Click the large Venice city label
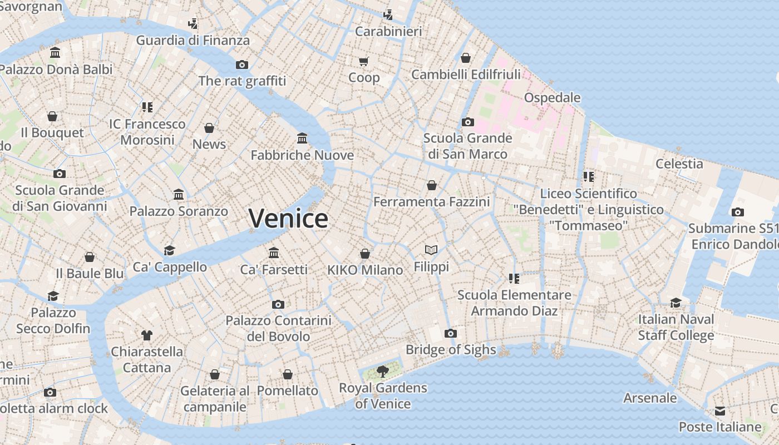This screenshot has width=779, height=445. [288, 218]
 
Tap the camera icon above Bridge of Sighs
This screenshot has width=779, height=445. [451, 334]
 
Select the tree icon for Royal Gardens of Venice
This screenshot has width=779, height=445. [382, 371]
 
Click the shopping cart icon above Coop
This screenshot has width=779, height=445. [364, 61]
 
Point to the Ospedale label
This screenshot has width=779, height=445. [552, 98]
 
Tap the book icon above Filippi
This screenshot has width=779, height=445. [431, 250]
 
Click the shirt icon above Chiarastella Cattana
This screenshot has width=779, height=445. [147, 335]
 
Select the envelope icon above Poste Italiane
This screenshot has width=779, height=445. [720, 411]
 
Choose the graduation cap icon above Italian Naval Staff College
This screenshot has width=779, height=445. [676, 303]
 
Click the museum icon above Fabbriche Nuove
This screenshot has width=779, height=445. [302, 138]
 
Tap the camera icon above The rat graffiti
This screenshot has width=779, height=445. [242, 65]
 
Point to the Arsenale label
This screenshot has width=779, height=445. [650, 398]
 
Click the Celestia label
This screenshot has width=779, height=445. [679, 164]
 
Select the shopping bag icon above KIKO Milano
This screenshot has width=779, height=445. [365, 254]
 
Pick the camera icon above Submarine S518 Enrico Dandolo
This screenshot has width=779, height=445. [738, 212]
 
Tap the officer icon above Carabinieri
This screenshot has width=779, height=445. [388, 15]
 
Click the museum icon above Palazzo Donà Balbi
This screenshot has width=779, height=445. [55, 53]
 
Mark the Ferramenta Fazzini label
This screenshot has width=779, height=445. [431, 201]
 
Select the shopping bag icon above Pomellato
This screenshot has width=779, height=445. [288, 374]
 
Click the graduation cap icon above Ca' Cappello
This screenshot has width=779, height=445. [169, 251]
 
